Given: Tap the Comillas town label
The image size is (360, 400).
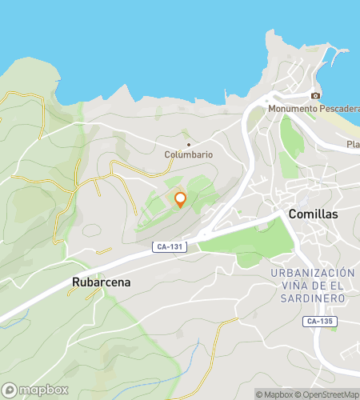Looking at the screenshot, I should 313,214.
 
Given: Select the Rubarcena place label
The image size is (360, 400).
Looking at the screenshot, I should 101,282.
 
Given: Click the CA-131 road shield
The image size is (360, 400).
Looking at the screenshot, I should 170,247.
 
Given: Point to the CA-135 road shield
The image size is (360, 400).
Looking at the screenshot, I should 320,322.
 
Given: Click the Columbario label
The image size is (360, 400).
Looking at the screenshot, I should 189,154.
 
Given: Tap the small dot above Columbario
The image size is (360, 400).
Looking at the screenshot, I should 189,145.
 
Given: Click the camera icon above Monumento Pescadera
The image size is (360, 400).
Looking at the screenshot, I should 316,96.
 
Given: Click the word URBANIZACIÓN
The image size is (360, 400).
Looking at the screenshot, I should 312,273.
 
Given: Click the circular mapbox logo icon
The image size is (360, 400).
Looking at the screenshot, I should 10,390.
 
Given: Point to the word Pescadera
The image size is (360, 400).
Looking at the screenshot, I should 338,108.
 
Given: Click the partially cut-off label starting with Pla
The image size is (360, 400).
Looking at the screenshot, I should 352,144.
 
